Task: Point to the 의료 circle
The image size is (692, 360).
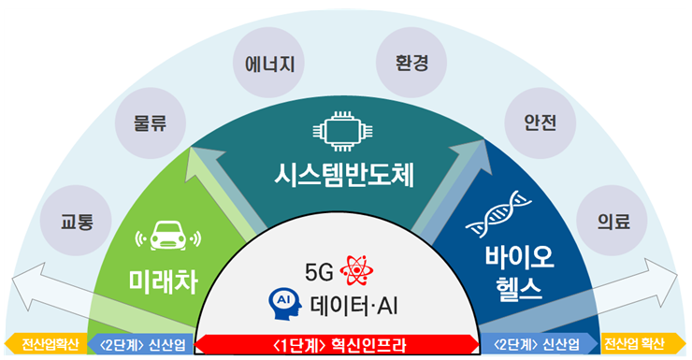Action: pyautogui.click(x=613, y=222)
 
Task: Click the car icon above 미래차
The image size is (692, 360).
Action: pyautogui.click(x=166, y=238)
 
